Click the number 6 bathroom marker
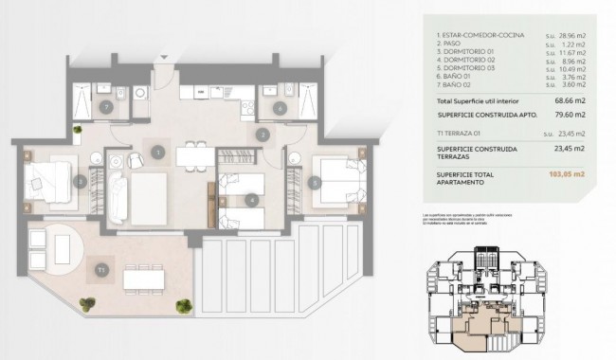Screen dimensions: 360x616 (280, 109)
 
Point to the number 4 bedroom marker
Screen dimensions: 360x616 (251, 200)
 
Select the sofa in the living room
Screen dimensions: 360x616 (118, 195)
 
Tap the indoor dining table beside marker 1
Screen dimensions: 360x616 (195, 153)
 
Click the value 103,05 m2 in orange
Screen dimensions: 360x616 (568, 174)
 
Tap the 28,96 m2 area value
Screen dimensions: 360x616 (567, 35)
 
